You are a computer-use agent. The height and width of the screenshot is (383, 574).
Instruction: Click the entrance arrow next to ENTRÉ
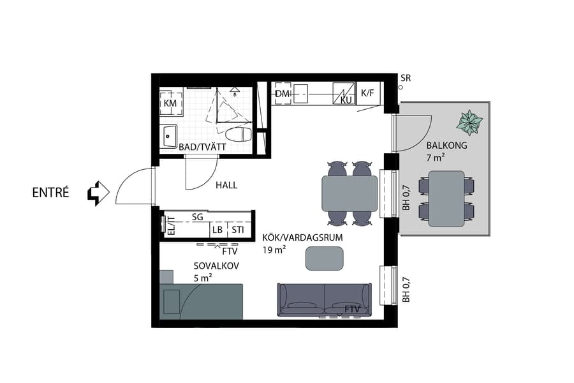[x=98, y=192]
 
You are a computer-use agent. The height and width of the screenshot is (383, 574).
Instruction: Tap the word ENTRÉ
[x=50, y=192]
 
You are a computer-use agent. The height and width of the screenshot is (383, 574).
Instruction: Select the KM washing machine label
[x=170, y=103]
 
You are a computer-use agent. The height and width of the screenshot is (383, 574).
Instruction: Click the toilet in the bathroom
[x=239, y=135]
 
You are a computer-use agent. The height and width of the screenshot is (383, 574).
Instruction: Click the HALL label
[x=226, y=185]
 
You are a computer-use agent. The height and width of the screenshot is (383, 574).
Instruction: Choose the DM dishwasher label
[x=283, y=94]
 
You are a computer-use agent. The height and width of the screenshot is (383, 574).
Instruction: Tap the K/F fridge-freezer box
[x=368, y=93]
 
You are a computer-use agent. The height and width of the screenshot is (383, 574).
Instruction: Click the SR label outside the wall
[x=406, y=78]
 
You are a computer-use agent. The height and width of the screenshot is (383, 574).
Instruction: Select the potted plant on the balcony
[x=471, y=121]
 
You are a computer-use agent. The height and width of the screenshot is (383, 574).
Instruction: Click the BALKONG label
[x=446, y=146]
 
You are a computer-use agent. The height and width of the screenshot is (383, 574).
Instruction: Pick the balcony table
[x=446, y=198]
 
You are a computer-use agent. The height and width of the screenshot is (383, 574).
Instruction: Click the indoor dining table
[x=350, y=193]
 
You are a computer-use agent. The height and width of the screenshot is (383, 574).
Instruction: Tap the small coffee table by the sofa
[x=325, y=257]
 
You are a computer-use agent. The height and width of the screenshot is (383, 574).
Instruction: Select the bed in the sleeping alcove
[x=203, y=301]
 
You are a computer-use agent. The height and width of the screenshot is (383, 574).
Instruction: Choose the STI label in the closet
[x=237, y=230]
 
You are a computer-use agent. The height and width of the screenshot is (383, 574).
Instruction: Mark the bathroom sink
[x=169, y=135]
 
